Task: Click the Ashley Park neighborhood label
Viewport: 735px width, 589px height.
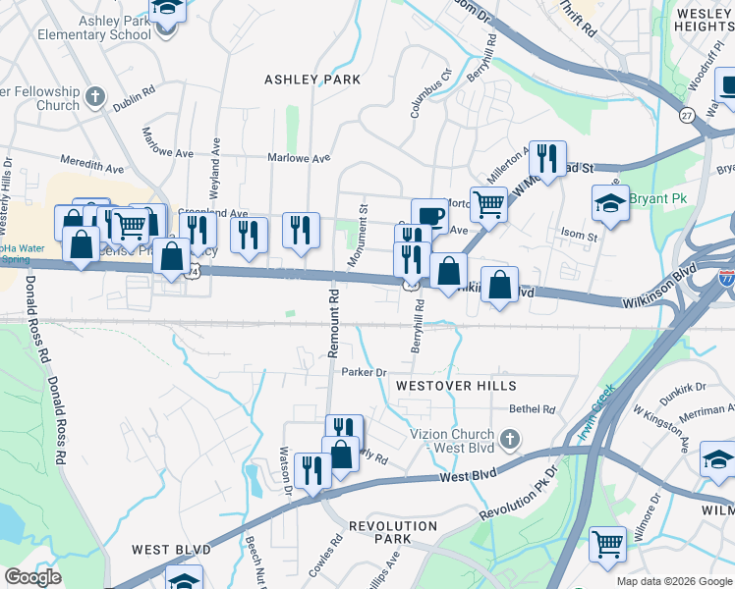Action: (313, 79)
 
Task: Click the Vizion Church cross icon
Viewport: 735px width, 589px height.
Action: (509, 437)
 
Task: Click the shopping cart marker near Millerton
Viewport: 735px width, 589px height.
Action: (488, 204)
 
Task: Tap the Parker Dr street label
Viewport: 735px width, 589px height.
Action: (365, 372)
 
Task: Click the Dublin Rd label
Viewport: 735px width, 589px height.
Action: (134, 101)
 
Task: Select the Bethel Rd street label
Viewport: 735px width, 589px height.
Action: (532, 409)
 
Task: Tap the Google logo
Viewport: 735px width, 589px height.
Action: (32, 577)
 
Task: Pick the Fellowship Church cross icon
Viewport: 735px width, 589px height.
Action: (94, 96)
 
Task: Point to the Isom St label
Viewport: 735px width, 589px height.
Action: (579, 237)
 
